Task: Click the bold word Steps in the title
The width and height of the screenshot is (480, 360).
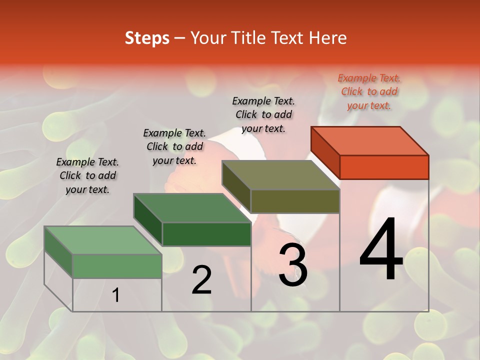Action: tap(147, 38)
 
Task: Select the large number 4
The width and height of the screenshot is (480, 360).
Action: tap(381, 250)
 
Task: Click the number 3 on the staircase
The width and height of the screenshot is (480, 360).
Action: tap(293, 265)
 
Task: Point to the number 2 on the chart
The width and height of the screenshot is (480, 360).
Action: tap(202, 280)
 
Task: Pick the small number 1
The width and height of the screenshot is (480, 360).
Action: tap(116, 295)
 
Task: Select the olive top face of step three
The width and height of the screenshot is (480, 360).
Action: tap(281, 175)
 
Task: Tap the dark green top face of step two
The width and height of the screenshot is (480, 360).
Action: tap(192, 208)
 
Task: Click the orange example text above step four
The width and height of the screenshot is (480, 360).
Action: tap(369, 92)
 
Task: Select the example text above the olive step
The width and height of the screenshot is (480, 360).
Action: tap(263, 114)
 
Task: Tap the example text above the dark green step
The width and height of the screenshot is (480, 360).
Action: tap(174, 146)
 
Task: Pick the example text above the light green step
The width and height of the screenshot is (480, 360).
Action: tap(87, 175)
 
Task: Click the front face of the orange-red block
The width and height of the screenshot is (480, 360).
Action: tap(384, 167)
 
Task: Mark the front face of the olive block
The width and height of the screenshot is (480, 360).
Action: tap(295, 201)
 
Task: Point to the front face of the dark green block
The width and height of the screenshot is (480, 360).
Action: tap(206, 234)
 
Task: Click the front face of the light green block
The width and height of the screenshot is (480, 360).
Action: tap(117, 266)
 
